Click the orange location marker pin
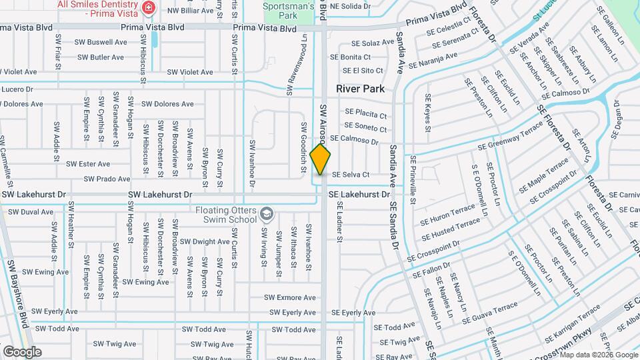coord(321,159)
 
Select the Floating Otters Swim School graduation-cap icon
coord(267,213)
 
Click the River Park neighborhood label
coord(360,88)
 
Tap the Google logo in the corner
coord(22,352)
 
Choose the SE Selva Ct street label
coord(351,175)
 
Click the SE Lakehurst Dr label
coord(359,194)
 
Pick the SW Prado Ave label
coord(107,179)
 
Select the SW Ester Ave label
coord(87,163)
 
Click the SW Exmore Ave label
coord(289,297)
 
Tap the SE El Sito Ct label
coord(363,70)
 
